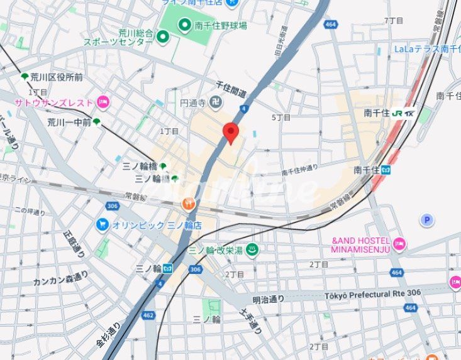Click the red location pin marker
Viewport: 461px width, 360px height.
click(x=231, y=133)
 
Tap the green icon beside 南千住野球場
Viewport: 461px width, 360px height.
click(x=185, y=25)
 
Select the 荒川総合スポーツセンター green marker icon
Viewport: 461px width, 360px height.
click(x=163, y=37)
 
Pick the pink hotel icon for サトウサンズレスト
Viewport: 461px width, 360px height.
click(x=103, y=102)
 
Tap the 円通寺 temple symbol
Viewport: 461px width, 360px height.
click(x=216, y=101)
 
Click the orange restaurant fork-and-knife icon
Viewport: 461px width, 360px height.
click(x=187, y=203)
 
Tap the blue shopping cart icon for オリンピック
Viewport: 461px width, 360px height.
click(x=103, y=224)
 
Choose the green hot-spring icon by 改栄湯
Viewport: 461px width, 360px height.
click(x=252, y=249)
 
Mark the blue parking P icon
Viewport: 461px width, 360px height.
click(x=427, y=219)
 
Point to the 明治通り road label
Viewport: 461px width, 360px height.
click(x=269, y=298)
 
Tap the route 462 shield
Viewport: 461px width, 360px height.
click(x=148, y=315)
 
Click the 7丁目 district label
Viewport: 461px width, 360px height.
click(x=393, y=21)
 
